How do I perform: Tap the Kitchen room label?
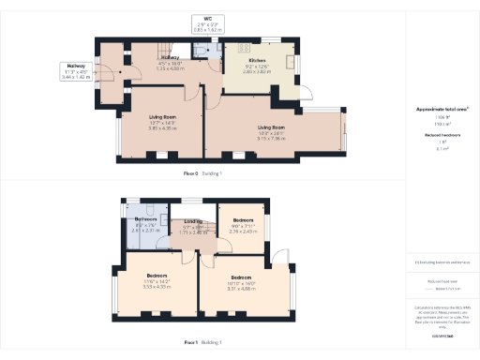click(x=256, y=65)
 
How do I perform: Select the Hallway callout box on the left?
click(x=75, y=72)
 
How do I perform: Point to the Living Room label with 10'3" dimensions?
click(x=271, y=132)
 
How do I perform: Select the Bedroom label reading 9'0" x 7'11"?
click(x=242, y=226)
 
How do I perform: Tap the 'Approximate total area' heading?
click(x=441, y=110)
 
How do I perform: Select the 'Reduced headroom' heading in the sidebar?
click(x=441, y=135)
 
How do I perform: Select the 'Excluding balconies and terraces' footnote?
click(x=442, y=262)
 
